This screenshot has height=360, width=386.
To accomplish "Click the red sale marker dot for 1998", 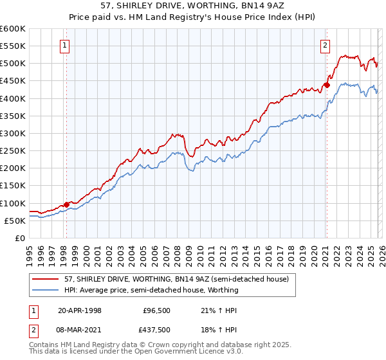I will pyautogui.click(x=66, y=204).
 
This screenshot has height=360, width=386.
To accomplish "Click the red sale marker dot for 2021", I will pyautogui.click(x=327, y=85).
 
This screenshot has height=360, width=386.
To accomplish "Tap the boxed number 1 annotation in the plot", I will pyautogui.click(x=66, y=45).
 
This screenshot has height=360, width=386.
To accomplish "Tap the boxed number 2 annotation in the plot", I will pyautogui.click(x=326, y=45).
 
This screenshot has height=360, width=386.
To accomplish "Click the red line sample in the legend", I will pyautogui.click(x=46, y=279).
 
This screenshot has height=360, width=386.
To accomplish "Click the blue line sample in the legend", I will pyautogui.click(x=46, y=290).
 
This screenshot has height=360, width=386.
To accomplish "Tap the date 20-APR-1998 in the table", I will pyautogui.click(x=80, y=310).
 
